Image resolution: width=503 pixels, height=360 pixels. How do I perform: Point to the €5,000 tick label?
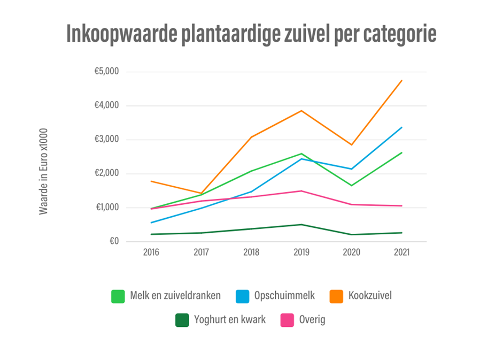pos(106,72)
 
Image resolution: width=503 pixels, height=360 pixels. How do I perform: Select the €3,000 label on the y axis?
pos(106,140)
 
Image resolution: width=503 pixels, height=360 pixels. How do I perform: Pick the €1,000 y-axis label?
pos(106,208)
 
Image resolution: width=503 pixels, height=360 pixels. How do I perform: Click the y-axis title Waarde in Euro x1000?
pos(43,171)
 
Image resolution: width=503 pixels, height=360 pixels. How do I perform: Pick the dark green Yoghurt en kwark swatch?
pos(182,320)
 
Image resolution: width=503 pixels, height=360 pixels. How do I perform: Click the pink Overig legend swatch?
pos(288,320)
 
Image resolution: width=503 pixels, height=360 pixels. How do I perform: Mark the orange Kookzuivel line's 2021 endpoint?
pos(401,81)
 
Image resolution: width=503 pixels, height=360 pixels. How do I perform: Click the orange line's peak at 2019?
pos(302,111)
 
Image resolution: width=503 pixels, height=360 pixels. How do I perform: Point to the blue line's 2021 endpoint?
pos(401,127)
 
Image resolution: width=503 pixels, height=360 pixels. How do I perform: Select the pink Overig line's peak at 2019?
pos(302,191)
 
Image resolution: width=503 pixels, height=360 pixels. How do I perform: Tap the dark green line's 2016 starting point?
pos(151,234)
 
